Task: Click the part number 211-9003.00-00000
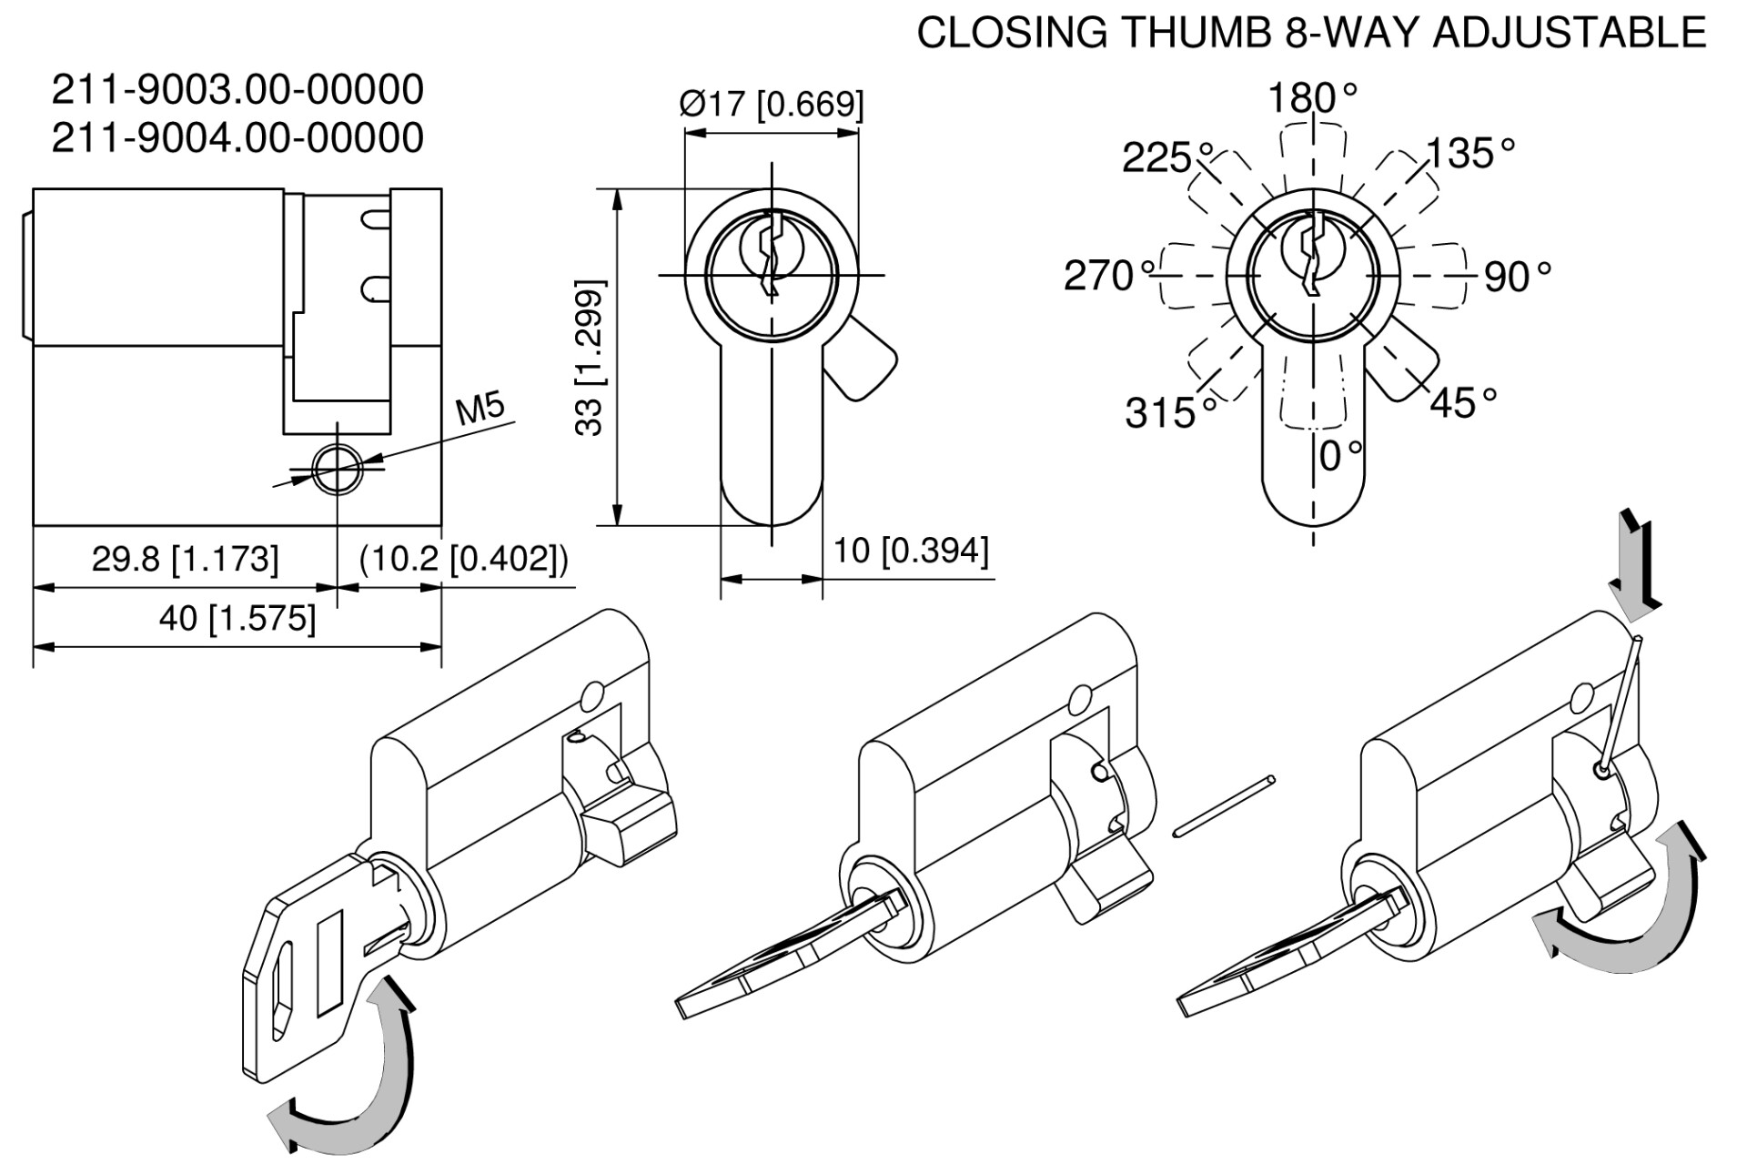click(x=237, y=90)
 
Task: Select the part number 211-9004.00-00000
click(x=237, y=137)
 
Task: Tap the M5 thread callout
click(x=480, y=410)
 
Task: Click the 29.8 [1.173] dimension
click(x=185, y=558)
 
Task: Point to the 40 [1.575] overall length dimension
click(x=237, y=619)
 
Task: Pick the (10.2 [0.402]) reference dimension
click(x=463, y=558)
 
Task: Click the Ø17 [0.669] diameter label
click(x=772, y=104)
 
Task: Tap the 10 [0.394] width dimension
click(x=911, y=550)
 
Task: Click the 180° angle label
click(x=1313, y=97)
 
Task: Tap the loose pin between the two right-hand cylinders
click(x=1226, y=804)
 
